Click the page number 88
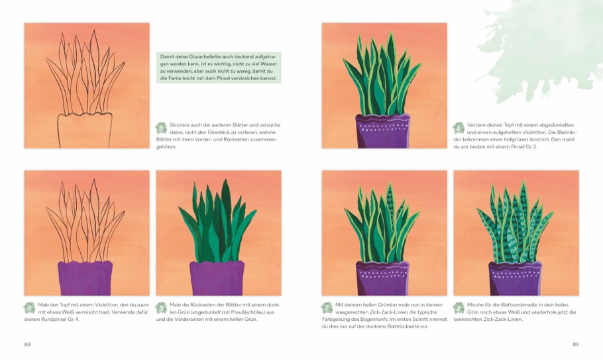click(x=27, y=344)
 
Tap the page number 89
click(x=575, y=344)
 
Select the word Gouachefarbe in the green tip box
click(x=199, y=56)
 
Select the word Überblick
click(x=220, y=133)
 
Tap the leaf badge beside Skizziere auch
click(x=161, y=128)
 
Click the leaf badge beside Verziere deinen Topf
click(x=459, y=128)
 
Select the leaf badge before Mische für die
click(x=459, y=308)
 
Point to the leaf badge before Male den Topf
click(x=29, y=308)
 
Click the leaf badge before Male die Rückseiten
click(x=161, y=308)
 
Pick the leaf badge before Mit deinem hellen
click(x=327, y=308)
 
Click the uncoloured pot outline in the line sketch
click(x=85, y=130)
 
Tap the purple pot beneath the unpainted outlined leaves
click(x=85, y=278)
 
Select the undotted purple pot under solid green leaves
click(x=217, y=278)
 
